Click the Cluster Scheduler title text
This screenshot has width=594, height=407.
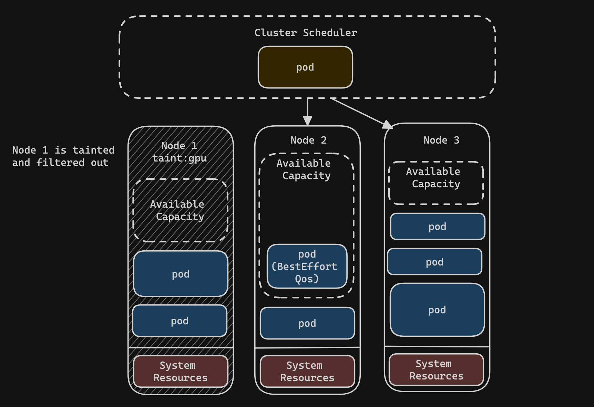click(x=306, y=33)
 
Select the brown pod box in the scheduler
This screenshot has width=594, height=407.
click(x=305, y=67)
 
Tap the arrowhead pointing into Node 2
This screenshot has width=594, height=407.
click(x=307, y=121)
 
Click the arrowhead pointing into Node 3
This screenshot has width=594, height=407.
click(x=388, y=125)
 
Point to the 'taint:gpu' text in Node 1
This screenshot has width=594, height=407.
click(x=180, y=158)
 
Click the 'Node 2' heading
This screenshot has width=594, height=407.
click(x=308, y=140)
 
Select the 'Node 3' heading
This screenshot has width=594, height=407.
click(x=441, y=140)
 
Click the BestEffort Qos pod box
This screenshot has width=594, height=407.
click(x=307, y=266)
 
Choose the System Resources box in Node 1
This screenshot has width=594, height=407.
click(x=181, y=372)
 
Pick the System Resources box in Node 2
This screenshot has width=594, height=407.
click(x=307, y=372)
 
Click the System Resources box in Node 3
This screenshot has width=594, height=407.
click(x=436, y=370)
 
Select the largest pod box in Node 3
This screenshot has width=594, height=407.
click(x=437, y=310)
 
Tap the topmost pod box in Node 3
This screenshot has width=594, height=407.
click(x=438, y=227)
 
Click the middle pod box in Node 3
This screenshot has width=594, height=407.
click(x=434, y=262)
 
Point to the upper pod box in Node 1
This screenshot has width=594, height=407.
click(x=181, y=274)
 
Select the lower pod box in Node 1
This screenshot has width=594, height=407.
click(x=180, y=321)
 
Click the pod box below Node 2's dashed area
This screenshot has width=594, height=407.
click(x=307, y=323)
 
